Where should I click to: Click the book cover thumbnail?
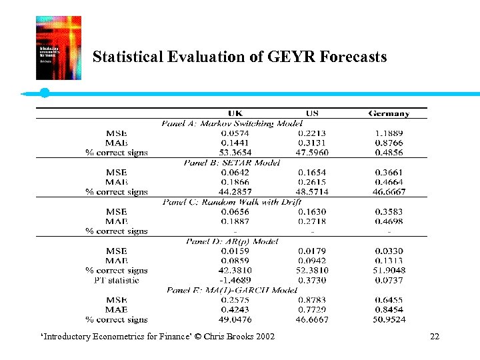[59, 48]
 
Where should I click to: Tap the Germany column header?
[389, 113]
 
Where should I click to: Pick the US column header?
[312, 113]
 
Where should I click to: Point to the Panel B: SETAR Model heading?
[231, 163]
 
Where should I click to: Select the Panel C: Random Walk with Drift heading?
[231, 202]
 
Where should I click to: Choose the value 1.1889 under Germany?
[389, 133]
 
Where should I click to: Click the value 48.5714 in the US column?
[312, 192]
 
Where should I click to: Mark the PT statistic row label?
[117, 280]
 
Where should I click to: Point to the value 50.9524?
[389, 319]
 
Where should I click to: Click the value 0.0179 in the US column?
[312, 251]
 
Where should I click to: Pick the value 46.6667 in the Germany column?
[389, 192]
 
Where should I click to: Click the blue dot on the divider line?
[45, 93]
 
